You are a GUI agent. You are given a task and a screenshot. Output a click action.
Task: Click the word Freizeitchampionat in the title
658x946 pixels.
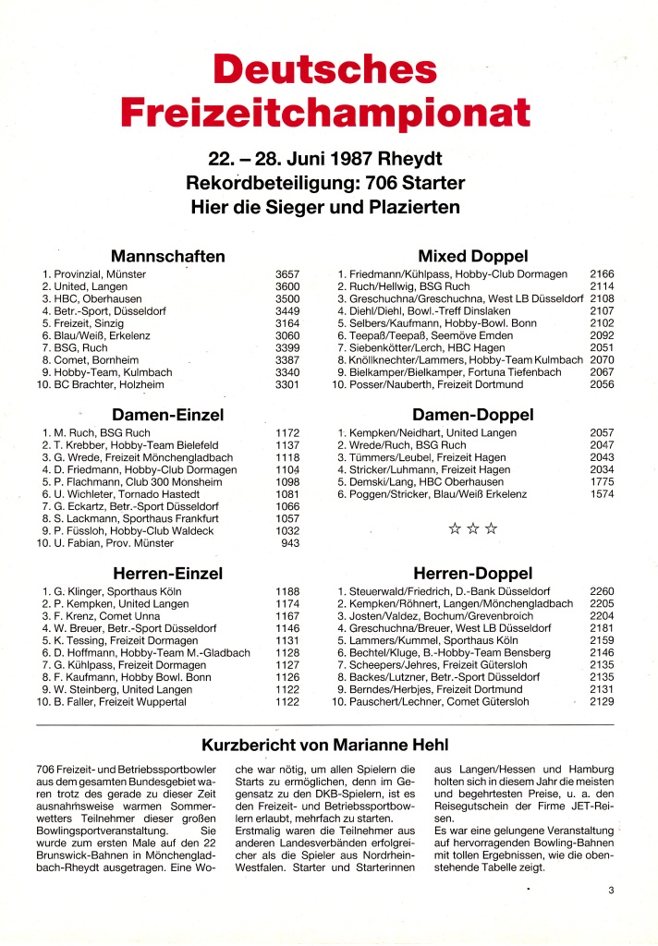point(325,111)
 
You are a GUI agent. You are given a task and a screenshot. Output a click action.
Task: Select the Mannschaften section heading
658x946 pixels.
point(168,256)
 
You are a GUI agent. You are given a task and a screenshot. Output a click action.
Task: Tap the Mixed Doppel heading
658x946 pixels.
point(473,256)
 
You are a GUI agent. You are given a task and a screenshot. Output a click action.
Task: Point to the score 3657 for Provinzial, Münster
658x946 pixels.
point(287,274)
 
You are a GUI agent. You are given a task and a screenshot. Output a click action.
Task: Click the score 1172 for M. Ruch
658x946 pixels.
point(287,432)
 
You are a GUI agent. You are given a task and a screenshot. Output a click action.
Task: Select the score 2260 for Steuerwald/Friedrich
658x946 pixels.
point(602,591)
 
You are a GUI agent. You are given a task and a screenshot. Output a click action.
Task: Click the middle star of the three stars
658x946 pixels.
point(472,529)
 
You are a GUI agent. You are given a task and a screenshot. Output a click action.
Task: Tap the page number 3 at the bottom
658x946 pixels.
point(611,891)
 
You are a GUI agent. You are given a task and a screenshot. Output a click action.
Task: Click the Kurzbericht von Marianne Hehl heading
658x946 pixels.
point(324,745)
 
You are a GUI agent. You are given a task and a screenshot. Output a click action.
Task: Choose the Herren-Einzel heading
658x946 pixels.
point(168,574)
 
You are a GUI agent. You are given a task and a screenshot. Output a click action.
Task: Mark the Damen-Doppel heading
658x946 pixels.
point(473,415)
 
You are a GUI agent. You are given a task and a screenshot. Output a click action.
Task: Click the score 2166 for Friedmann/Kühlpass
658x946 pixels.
point(602,274)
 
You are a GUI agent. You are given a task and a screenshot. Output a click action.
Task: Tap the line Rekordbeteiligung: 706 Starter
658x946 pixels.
point(325,182)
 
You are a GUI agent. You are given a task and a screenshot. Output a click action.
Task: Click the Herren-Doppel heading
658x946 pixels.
point(473,574)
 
